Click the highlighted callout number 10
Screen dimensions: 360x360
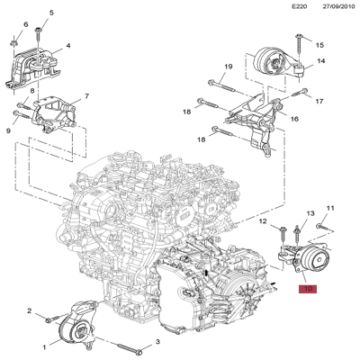pyautogui.click(x=308, y=289)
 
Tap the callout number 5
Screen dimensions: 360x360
pyautogui.click(x=51, y=13)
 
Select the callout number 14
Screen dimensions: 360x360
pyautogui.click(x=321, y=61)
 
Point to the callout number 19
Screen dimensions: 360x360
pyautogui.click(x=229, y=67)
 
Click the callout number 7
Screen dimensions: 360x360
pyautogui.click(x=86, y=96)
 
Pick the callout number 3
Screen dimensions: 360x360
pyautogui.click(x=157, y=341)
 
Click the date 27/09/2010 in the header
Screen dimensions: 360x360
pyautogui.click(x=338, y=6)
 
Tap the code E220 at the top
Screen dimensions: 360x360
pyautogui.click(x=300, y=6)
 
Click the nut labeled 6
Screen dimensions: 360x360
pyautogui.click(x=13, y=43)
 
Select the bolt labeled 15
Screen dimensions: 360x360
pyautogui.click(x=299, y=46)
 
